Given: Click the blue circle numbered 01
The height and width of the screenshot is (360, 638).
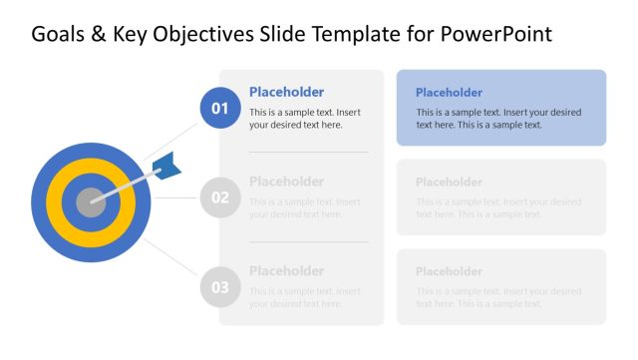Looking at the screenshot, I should point(220,108).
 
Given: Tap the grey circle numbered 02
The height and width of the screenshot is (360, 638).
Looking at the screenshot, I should point(220,197).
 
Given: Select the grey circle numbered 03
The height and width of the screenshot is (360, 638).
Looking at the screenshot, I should point(220,287).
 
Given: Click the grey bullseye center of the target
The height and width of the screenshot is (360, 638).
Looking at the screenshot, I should point(91,202).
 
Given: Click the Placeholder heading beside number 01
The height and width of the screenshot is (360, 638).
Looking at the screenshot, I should point(286,92).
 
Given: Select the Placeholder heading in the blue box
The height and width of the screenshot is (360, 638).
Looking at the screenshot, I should point(449,93).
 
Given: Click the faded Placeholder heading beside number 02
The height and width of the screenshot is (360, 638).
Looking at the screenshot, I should point(286,181).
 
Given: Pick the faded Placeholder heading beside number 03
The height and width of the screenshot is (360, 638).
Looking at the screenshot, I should point(286,270).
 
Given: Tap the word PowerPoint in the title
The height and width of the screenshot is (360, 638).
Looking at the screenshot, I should point(496,35).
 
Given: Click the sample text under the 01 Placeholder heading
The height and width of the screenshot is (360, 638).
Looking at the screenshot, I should point(304,119).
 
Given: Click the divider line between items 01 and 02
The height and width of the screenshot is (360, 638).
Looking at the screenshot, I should point(308,153).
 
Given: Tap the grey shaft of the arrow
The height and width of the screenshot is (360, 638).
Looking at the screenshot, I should point(125,187).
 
